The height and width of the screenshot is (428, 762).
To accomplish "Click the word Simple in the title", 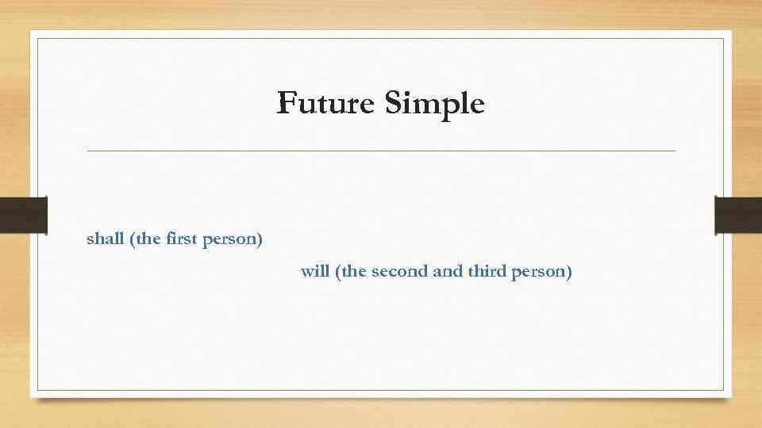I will pyautogui.click(x=434, y=104).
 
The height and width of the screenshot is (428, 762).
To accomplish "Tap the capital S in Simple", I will pyautogui.click(x=393, y=103).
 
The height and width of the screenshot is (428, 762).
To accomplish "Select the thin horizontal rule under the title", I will pyautogui.click(x=381, y=151).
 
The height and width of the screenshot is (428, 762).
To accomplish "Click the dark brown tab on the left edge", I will pyautogui.click(x=24, y=215).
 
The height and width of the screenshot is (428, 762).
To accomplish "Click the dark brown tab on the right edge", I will pyautogui.click(x=738, y=215).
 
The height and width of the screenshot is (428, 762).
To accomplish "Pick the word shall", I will pyautogui.click(x=105, y=239).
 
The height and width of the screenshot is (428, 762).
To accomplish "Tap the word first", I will pyautogui.click(x=182, y=239).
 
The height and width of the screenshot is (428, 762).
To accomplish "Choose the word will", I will pyautogui.click(x=315, y=272).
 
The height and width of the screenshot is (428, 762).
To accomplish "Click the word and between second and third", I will pyautogui.click(x=448, y=272).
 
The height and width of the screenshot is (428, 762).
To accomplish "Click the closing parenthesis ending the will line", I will pyautogui.click(x=568, y=273).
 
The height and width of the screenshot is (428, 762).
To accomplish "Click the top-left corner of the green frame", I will pyautogui.click(x=39, y=38).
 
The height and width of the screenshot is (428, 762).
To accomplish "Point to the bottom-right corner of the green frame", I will pyautogui.click(x=723, y=390).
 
